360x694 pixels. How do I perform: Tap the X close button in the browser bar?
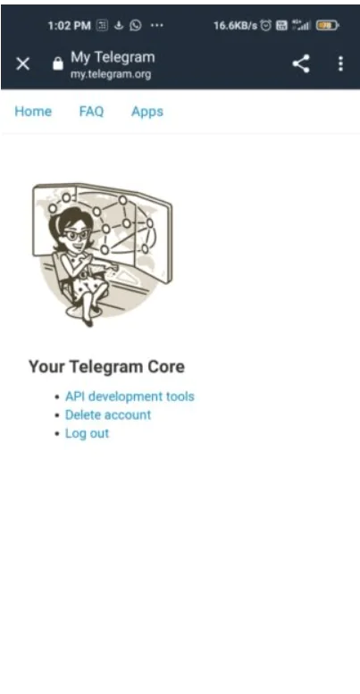(23, 63)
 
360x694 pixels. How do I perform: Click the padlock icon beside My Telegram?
(58, 64)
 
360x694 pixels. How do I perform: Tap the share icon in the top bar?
(302, 63)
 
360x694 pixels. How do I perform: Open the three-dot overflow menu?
(340, 63)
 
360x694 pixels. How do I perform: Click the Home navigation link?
(33, 112)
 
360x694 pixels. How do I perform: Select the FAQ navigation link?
(91, 112)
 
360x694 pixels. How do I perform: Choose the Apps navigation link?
(147, 112)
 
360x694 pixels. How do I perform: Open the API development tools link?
(130, 397)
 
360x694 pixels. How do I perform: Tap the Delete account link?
(108, 414)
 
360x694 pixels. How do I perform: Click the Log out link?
(87, 433)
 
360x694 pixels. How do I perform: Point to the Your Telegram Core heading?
(106, 366)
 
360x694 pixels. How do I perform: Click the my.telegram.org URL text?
(111, 74)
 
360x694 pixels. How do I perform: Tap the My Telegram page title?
(113, 57)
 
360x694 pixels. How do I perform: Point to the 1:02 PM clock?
(68, 26)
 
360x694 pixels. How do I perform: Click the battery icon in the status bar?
(328, 26)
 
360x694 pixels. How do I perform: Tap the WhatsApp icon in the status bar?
(136, 26)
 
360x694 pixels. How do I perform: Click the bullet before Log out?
(57, 434)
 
